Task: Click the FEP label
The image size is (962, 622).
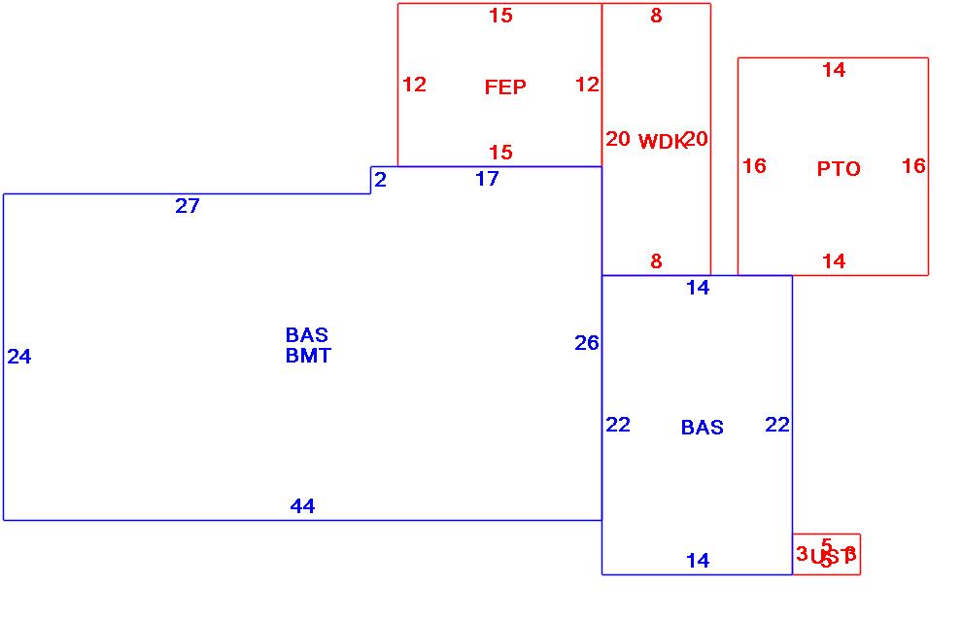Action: pyautogui.click(x=505, y=87)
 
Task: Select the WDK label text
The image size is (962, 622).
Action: pyautogui.click(x=662, y=142)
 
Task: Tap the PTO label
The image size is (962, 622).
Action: pyautogui.click(x=839, y=169)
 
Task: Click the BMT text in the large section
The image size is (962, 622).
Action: pyautogui.click(x=308, y=356)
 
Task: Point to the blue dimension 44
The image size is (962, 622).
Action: pyautogui.click(x=302, y=505)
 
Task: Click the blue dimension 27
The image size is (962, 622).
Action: pyautogui.click(x=188, y=205)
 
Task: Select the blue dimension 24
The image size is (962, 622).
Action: pyautogui.click(x=19, y=357)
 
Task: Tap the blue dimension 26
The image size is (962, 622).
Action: pyautogui.click(x=587, y=342)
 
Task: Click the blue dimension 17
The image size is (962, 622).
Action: pyautogui.click(x=487, y=179)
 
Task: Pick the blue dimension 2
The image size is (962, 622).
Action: pyautogui.click(x=380, y=180)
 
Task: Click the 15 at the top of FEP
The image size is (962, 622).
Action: pyautogui.click(x=500, y=15)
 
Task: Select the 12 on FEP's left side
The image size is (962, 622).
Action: pyautogui.click(x=414, y=85)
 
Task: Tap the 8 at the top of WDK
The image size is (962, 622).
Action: pyautogui.click(x=656, y=16)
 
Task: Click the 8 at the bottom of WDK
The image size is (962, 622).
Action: pyautogui.click(x=656, y=260)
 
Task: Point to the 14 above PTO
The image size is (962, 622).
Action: pyautogui.click(x=834, y=69)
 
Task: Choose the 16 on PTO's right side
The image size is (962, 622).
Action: pyautogui.click(x=913, y=166)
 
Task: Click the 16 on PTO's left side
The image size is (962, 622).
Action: pyautogui.click(x=754, y=166)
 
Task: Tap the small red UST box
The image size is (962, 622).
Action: pyautogui.click(x=826, y=555)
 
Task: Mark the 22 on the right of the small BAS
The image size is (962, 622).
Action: pyautogui.click(x=777, y=424)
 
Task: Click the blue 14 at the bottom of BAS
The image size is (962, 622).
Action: pyautogui.click(x=698, y=560)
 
